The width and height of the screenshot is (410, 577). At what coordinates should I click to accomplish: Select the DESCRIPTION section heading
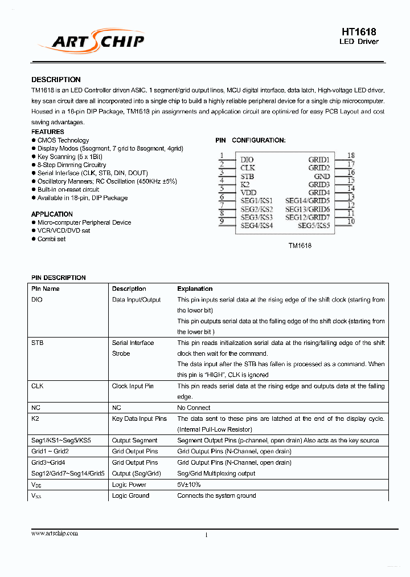point(56,80)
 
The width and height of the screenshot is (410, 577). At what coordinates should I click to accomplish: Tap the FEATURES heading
point(48,132)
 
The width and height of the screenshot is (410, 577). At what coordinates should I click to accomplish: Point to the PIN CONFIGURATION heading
point(251,140)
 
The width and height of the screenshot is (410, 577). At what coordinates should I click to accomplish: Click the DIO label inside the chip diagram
point(247,160)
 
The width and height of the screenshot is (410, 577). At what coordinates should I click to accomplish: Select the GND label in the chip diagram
point(322,177)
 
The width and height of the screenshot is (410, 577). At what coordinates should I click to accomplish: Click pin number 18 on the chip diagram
point(351,155)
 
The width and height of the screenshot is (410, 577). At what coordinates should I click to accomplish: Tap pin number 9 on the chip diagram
point(220,221)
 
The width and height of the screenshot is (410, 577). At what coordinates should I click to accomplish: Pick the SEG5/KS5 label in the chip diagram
point(314,226)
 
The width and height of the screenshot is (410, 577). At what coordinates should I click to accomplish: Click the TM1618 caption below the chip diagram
point(299,246)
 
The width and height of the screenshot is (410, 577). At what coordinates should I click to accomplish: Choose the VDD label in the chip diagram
point(248,193)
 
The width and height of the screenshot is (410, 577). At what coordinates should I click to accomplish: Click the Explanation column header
point(195,289)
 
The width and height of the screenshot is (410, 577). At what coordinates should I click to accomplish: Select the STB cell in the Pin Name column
point(37,343)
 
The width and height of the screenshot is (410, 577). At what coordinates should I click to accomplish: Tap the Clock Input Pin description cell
point(133,386)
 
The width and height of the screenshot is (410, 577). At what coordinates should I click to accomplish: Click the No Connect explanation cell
point(194,408)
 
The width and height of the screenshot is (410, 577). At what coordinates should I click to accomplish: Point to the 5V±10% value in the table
point(188,485)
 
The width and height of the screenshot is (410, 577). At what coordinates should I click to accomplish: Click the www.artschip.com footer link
point(55,533)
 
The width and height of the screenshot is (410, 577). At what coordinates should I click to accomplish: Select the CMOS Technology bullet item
point(63,140)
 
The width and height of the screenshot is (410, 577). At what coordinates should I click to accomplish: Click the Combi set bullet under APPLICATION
point(51,239)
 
